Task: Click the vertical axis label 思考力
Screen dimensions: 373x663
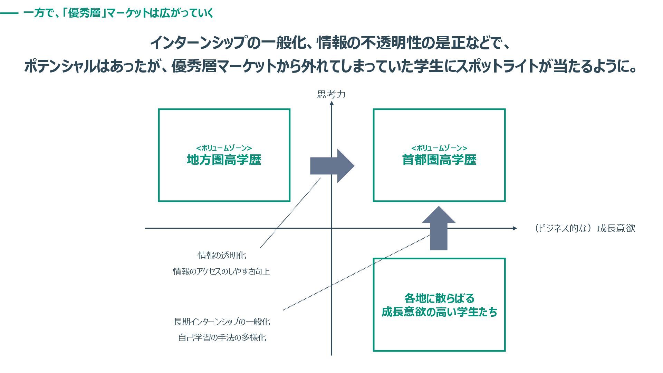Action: pyautogui.click(x=331, y=94)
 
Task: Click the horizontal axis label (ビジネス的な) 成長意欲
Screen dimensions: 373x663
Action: pyautogui.click(x=584, y=228)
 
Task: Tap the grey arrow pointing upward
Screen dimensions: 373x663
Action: pyautogui.click(x=439, y=228)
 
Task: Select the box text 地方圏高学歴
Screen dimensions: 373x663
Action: pyautogui.click(x=224, y=160)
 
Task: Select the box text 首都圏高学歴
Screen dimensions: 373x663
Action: pyautogui.click(x=439, y=160)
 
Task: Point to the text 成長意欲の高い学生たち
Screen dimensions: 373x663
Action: pyautogui.click(x=439, y=312)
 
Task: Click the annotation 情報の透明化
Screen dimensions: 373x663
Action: pyautogui.click(x=222, y=256)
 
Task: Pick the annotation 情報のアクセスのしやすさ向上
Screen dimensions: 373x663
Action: pyautogui.click(x=221, y=271)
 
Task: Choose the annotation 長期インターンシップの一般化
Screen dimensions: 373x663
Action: pyautogui.click(x=222, y=322)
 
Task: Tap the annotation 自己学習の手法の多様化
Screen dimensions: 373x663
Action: pyautogui.click(x=222, y=338)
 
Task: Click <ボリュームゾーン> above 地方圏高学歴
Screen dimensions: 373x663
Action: pyautogui.click(x=224, y=148)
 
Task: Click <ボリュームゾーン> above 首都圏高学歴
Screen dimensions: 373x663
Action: pyautogui.click(x=439, y=148)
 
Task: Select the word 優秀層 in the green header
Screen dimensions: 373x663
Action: pyautogui.click(x=84, y=13)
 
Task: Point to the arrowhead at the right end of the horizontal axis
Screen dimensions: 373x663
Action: pyautogui.click(x=515, y=228)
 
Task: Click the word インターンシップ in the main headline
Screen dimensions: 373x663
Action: pyautogui.click(x=199, y=43)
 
